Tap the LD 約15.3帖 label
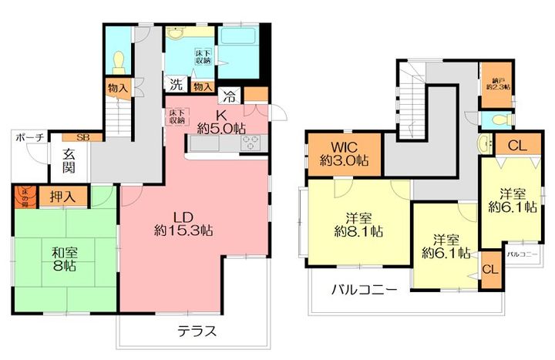183,221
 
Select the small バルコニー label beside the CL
522,254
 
